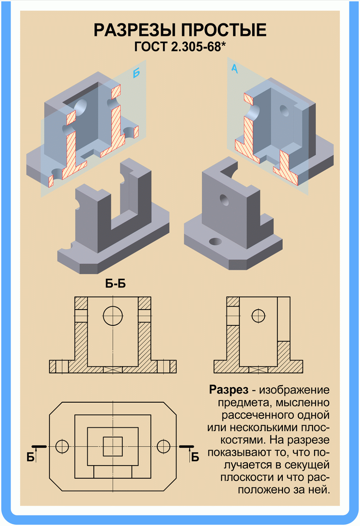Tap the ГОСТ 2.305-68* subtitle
pos(180,47)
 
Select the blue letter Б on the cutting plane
pos(136,73)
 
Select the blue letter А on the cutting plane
pos(235,68)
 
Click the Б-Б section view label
pos(115,284)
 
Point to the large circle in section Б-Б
pos(113,316)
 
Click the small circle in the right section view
pos(258,316)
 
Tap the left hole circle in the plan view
pos(62,446)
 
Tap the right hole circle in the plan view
pos(163,446)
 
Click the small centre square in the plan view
pos(113,446)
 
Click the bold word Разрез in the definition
pos(228,390)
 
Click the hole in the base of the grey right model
pos(215,241)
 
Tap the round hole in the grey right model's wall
pos(224,200)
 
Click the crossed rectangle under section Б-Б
pos(113,370)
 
